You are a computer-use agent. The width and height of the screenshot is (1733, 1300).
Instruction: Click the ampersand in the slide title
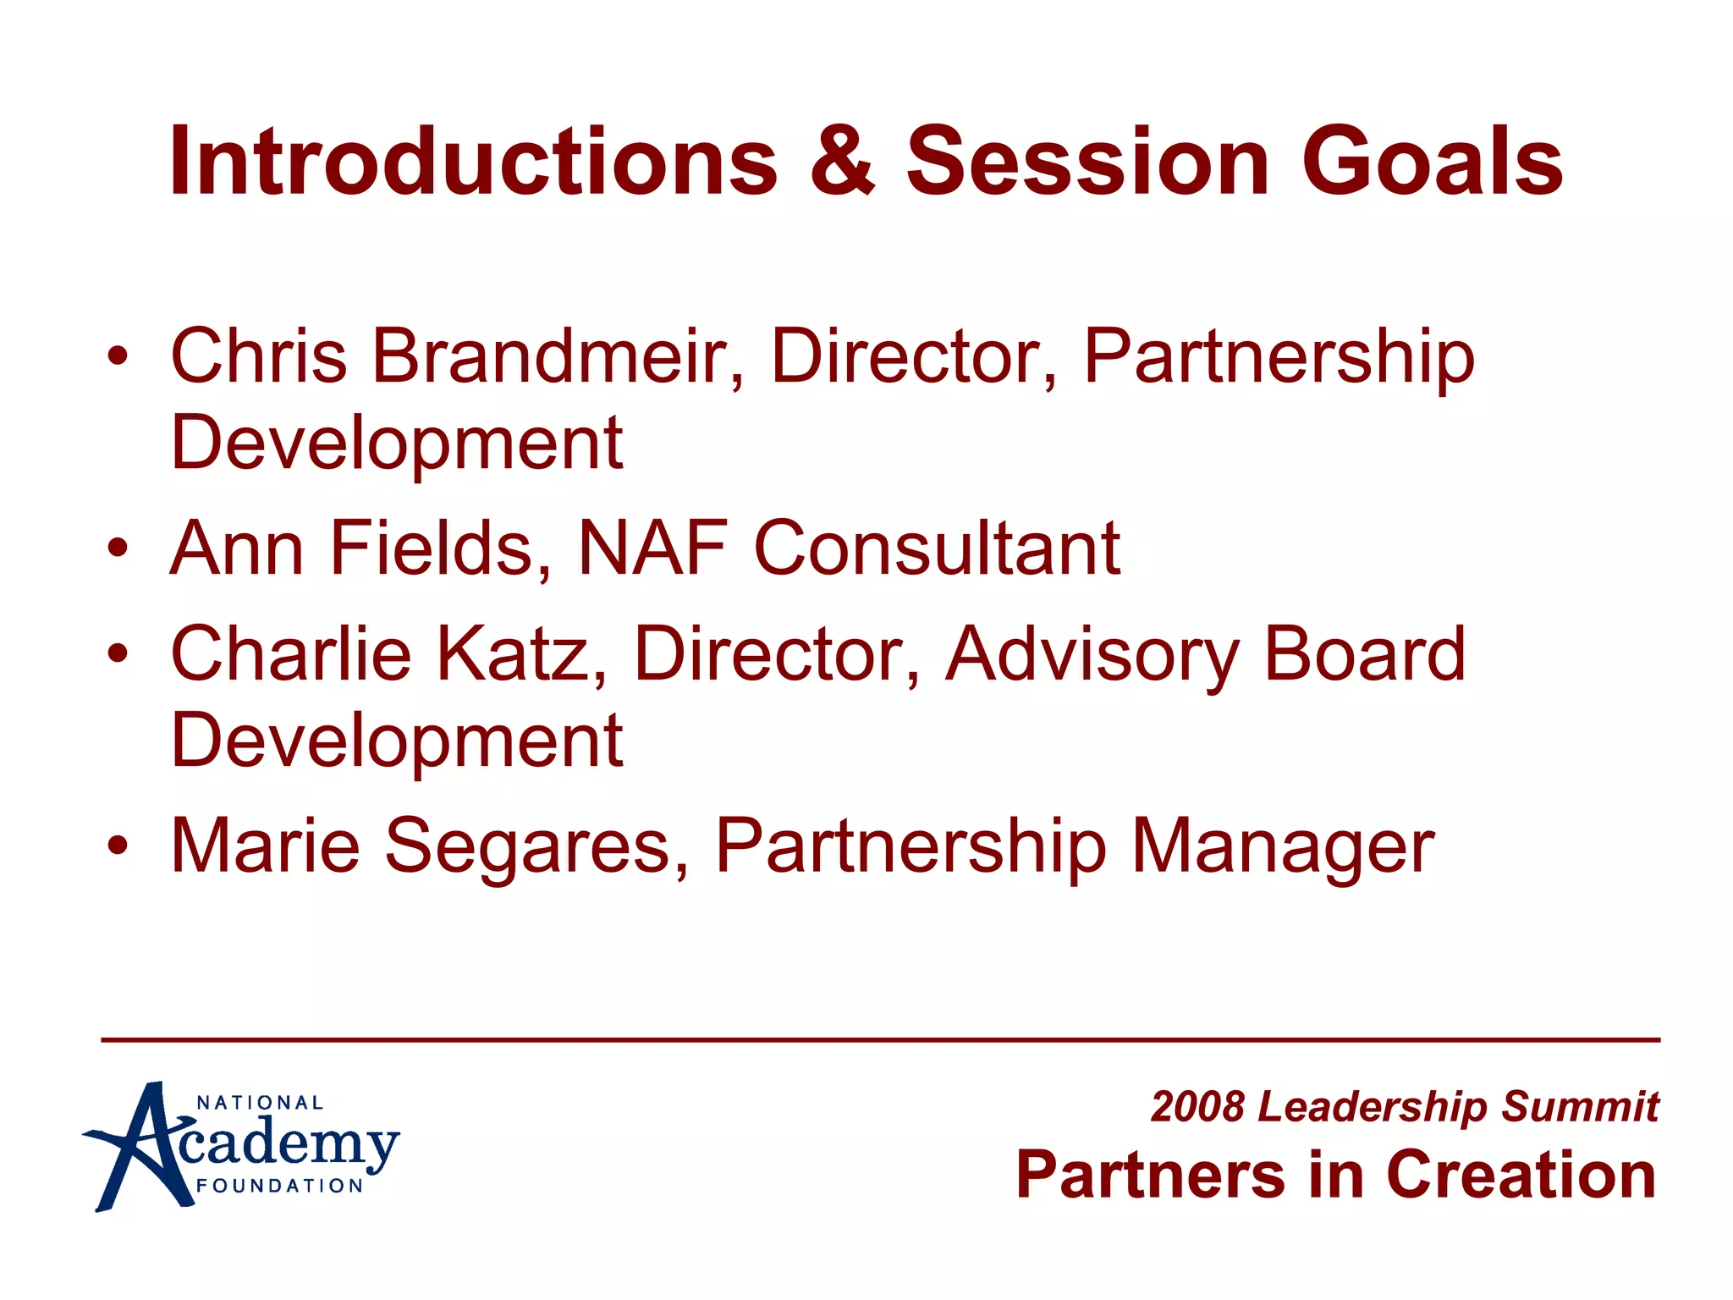point(842,161)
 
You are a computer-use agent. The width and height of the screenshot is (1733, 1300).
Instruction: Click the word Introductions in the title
point(473,161)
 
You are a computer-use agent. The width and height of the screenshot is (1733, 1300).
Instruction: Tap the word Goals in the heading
point(1432,161)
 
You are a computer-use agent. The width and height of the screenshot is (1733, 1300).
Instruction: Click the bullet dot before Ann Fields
point(118,548)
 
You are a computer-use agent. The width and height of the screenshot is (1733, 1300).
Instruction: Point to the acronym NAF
point(652,548)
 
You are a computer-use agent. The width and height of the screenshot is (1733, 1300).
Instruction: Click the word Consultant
point(937,548)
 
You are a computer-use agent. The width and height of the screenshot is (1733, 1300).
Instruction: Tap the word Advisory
point(1092,653)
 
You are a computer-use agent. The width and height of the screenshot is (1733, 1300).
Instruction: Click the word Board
point(1364,653)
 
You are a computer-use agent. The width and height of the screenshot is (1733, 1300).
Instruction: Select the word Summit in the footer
point(1580,1107)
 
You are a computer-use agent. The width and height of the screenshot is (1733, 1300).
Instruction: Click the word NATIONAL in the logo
point(260,1103)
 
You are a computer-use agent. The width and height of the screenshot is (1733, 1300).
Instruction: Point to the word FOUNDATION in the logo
point(280,1186)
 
